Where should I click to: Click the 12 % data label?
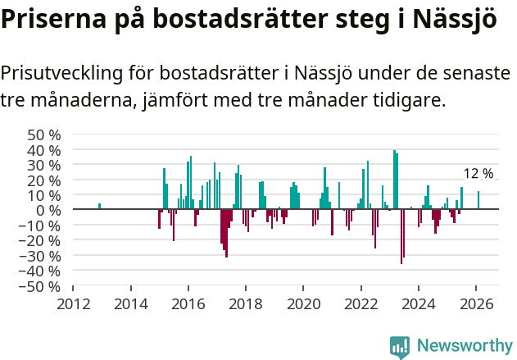(478, 174)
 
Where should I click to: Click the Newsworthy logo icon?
(400, 346)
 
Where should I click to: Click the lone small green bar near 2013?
(100, 207)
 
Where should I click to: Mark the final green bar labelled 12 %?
(478, 200)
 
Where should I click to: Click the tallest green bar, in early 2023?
(394, 180)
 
